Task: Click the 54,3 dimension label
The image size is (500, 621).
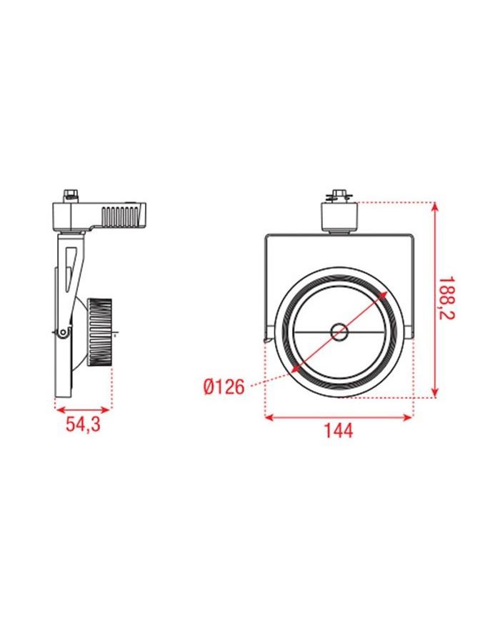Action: click(x=83, y=425)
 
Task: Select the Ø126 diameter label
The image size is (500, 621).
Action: click(x=224, y=387)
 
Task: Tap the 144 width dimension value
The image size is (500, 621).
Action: click(x=339, y=431)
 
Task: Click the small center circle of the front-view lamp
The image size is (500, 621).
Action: click(x=338, y=331)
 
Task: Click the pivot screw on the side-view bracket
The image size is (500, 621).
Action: click(x=64, y=332)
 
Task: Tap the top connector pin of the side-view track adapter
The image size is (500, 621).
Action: click(x=70, y=194)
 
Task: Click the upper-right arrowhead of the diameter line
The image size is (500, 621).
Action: click(x=385, y=294)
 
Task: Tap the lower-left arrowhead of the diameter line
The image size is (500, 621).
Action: click(x=294, y=369)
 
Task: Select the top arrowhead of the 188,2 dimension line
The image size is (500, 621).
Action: click(x=434, y=207)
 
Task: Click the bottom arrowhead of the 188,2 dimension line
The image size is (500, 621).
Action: click(x=434, y=392)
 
